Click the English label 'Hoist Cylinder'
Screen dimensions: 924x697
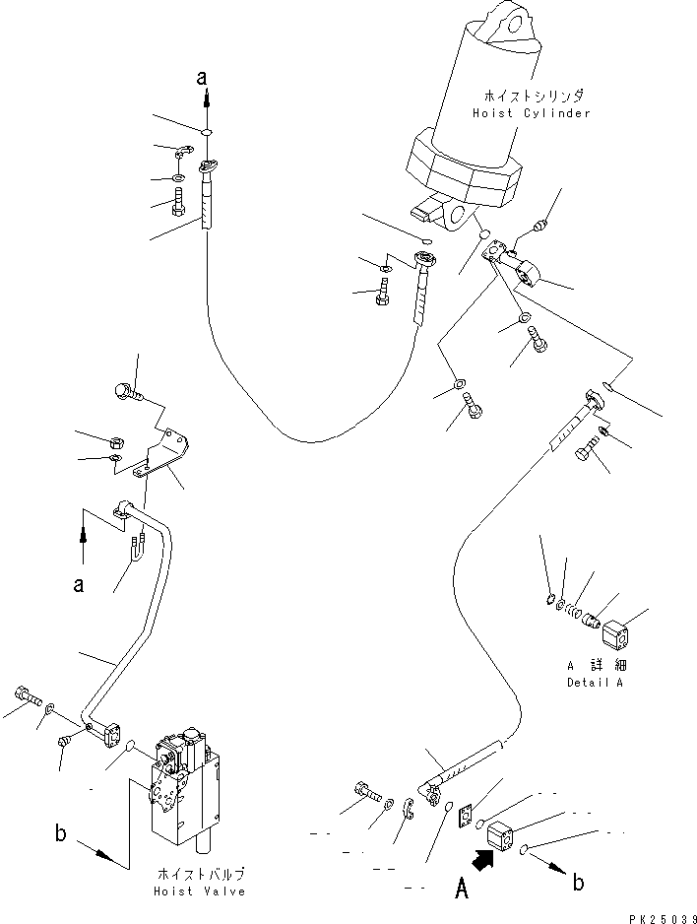pos(530,113)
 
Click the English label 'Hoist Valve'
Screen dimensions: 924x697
pos(201,891)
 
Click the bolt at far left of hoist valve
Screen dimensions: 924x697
pos(28,697)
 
